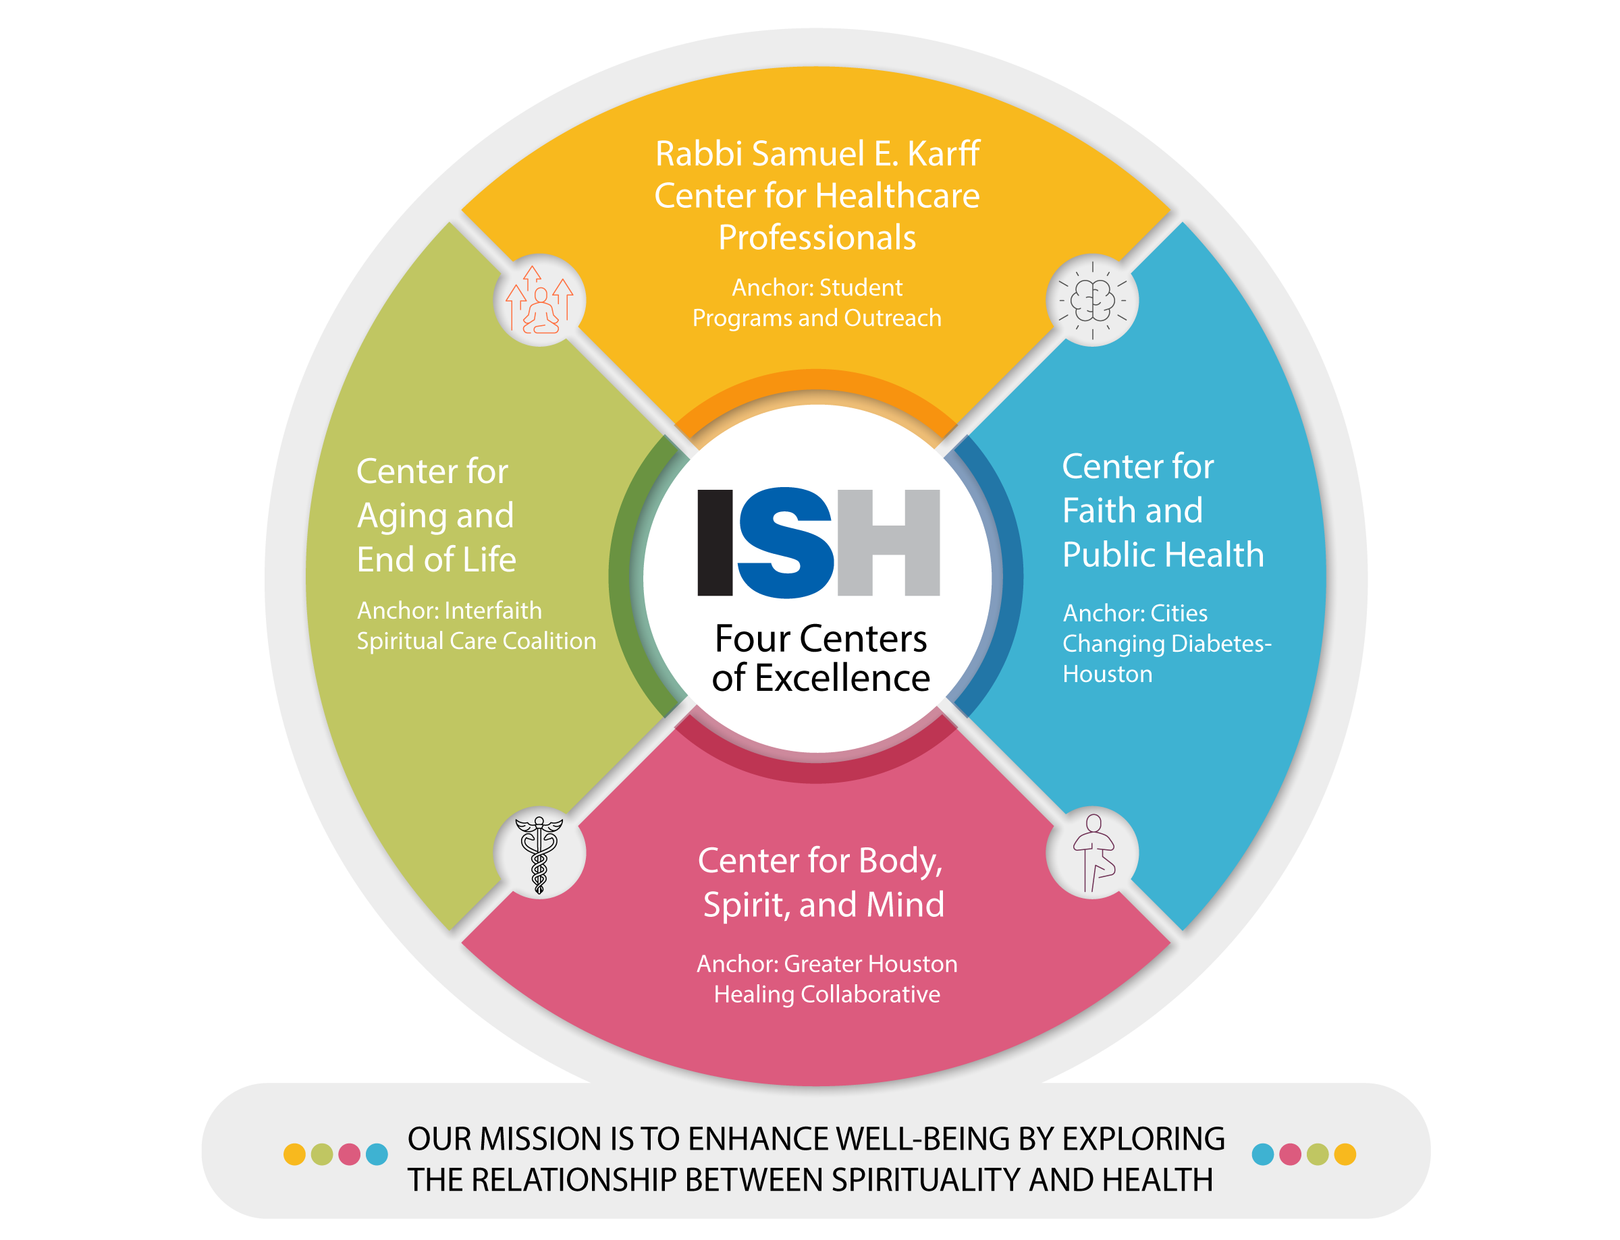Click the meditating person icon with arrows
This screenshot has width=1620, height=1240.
point(540,300)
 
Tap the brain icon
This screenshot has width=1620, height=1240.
point(1092,300)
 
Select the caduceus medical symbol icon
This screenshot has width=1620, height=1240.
point(540,854)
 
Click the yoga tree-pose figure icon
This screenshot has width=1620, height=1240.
point(1093,853)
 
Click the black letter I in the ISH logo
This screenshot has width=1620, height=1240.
point(715,542)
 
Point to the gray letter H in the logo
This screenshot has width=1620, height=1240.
point(888,542)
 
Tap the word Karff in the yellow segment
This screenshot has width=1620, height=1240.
point(943,154)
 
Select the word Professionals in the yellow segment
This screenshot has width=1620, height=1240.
point(817,238)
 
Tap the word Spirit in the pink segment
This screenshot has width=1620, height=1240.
point(745,905)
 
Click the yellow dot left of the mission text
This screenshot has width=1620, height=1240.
point(294,1154)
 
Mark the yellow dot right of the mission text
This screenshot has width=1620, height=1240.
point(1345,1154)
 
